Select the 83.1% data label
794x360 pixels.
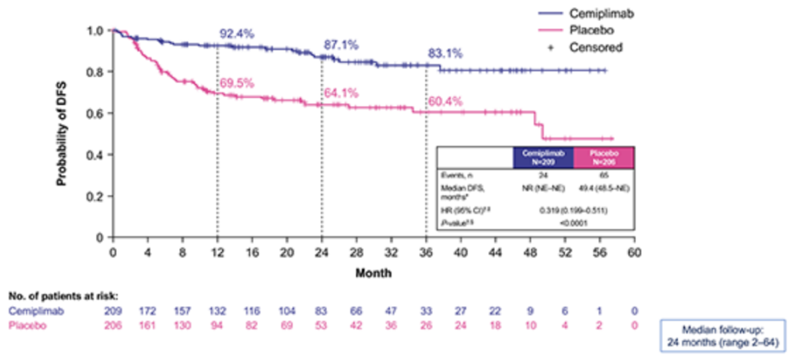(445, 53)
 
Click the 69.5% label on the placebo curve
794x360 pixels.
(236, 82)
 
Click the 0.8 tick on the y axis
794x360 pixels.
(98, 72)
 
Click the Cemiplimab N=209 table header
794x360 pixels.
(543, 157)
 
